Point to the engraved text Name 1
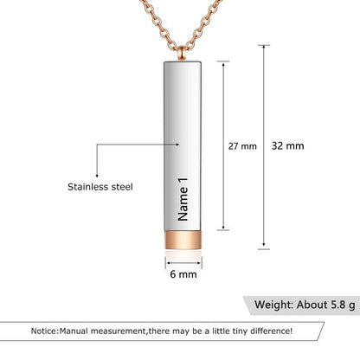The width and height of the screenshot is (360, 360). (x=181, y=198)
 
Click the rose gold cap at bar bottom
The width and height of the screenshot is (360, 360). (x=181, y=240)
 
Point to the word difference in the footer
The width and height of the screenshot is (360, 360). (x=268, y=331)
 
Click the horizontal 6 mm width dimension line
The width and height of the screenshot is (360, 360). (x=181, y=260)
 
